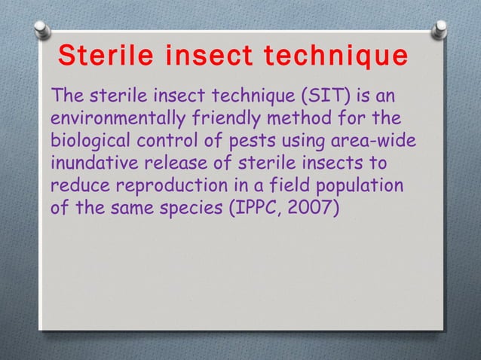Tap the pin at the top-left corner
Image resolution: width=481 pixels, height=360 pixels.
point(42,29)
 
